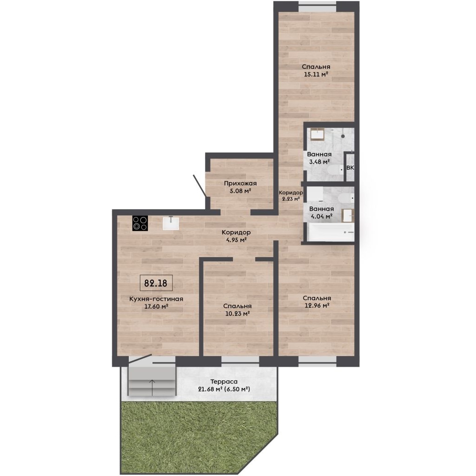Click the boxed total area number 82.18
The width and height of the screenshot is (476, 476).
[156, 283]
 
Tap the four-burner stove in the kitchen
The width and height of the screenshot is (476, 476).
[140, 224]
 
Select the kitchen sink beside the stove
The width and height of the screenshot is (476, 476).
[171, 223]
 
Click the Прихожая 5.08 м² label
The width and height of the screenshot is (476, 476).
[240, 187]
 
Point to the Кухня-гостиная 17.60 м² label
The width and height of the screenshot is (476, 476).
[156, 303]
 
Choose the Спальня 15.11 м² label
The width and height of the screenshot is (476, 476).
[316, 71]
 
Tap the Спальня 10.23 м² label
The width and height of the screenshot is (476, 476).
[237, 310]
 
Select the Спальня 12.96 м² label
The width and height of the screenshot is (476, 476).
[317, 302]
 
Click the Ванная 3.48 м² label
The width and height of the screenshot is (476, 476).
[319, 158]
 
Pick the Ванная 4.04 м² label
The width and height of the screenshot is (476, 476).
[321, 212]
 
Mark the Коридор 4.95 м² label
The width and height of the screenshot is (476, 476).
[236, 236]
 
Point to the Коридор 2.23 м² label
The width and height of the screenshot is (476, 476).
[291, 196]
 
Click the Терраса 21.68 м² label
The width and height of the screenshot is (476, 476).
[224, 385]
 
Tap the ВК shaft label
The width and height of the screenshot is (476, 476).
[350, 167]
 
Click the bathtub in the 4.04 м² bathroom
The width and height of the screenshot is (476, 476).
[331, 232]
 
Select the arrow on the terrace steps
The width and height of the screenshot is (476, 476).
[152, 388]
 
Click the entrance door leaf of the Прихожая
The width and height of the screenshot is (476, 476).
[200, 185]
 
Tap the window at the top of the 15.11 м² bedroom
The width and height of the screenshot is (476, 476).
[317, 7]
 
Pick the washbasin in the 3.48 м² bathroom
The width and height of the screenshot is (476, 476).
[317, 134]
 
